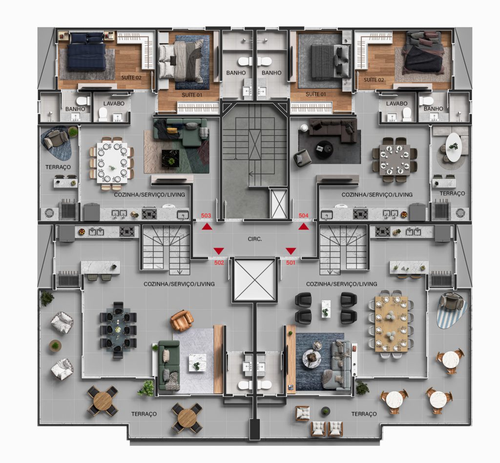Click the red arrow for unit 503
[207, 226]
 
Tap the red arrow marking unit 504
[304, 226]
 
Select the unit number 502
[219, 262]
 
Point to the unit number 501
[291, 262]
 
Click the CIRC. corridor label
[255, 239]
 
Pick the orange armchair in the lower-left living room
[182, 320]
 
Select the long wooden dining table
[391, 323]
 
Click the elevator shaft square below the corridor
[254, 280]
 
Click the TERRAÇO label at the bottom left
[144, 414]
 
